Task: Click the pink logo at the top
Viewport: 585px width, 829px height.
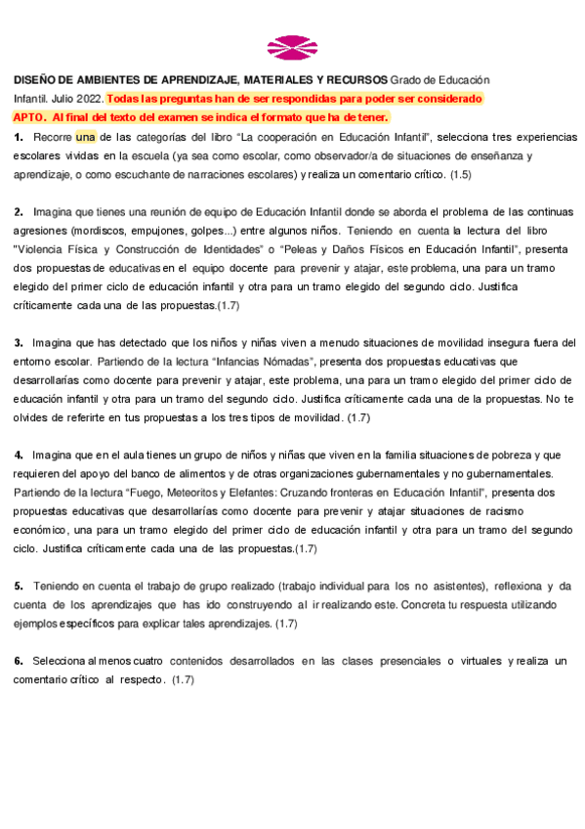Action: (292, 46)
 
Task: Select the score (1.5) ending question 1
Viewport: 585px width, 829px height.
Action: (461, 174)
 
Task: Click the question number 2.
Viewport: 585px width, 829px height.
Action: (19, 212)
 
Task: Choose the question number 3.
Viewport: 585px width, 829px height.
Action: (19, 343)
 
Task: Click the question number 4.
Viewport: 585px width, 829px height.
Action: (19, 455)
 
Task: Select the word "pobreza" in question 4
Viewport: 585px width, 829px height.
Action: (519, 455)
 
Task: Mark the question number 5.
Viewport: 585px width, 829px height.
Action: (19, 586)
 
